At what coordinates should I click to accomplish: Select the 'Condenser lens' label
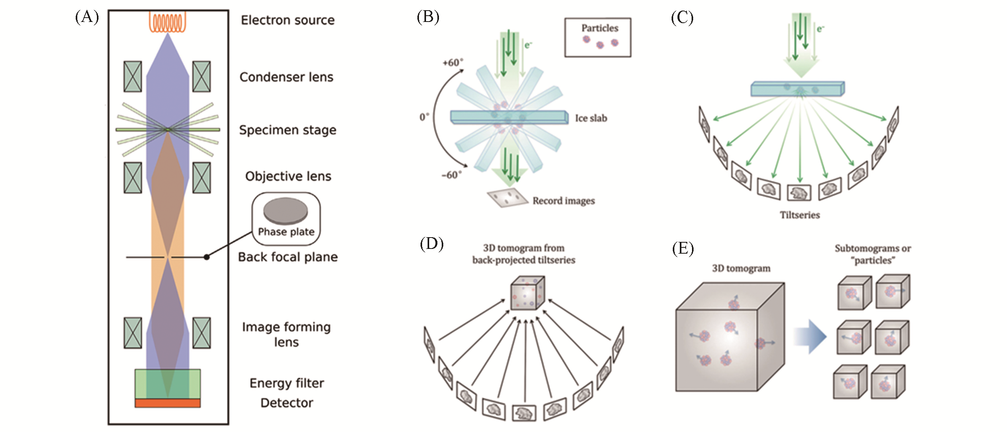pos(286,77)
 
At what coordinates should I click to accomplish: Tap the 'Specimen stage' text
pos(288,130)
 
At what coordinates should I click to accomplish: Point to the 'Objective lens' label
pos(288,176)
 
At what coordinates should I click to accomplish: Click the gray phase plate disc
pos(285,211)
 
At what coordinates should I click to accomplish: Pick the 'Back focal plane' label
pos(288,257)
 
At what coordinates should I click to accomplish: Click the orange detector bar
pos(168,403)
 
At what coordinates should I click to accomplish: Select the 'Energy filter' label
pos(287,383)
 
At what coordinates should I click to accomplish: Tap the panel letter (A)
pos(87,17)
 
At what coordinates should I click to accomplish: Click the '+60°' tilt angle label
pos(453,63)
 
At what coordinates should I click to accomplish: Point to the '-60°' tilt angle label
pos(452,175)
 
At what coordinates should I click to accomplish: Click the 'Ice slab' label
pos(591,118)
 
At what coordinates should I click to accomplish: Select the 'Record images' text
pos(563,201)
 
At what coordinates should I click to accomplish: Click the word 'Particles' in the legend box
pos(599,28)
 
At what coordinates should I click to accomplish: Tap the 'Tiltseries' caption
pos(799,215)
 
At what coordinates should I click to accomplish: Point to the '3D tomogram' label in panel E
pos(741,269)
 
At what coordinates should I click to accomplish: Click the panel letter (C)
pos(682,18)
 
